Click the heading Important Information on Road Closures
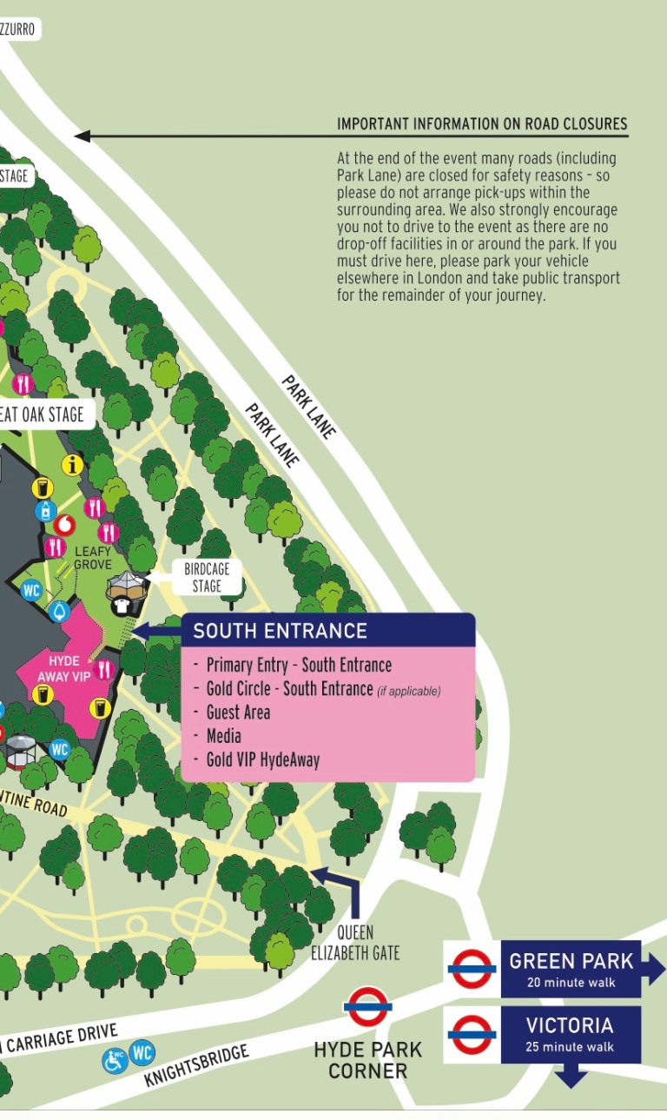click(x=482, y=123)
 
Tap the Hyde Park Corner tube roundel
click(x=367, y=1007)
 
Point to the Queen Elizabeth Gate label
click(x=355, y=943)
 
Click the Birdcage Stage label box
click(x=207, y=577)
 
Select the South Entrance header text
click(x=280, y=631)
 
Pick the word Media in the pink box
click(x=223, y=736)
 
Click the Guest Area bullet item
click(x=238, y=712)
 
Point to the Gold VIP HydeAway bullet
click(x=262, y=760)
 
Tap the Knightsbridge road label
click(x=196, y=1066)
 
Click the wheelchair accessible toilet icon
click(x=115, y=1059)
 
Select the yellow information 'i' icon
click(x=73, y=465)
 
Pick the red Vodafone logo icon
click(x=64, y=524)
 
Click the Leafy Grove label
click(x=93, y=558)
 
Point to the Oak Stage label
click(x=43, y=414)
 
